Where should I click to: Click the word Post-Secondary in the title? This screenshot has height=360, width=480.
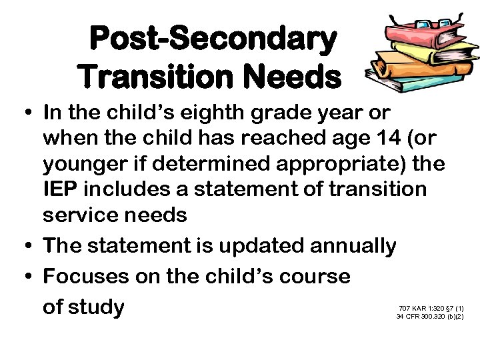(x=213, y=39)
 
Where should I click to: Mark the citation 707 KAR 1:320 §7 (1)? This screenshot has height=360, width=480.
(x=431, y=308)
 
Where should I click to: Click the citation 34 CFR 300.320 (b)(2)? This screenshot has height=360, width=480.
(x=430, y=317)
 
